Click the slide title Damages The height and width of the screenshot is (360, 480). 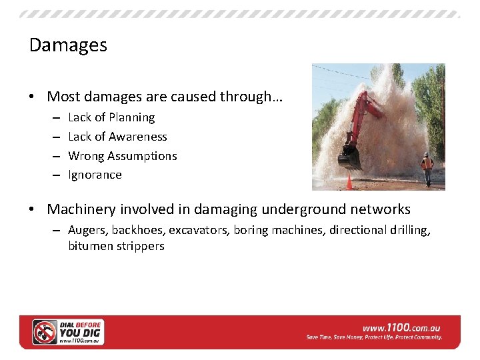point(68,45)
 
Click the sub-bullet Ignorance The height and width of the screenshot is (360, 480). point(95,175)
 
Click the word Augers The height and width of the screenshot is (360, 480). point(87,230)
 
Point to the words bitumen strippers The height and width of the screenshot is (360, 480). point(116,246)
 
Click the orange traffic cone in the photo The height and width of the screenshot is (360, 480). point(349,181)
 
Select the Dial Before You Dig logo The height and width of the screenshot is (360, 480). point(69,332)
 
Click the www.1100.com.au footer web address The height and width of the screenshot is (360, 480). point(401,328)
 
